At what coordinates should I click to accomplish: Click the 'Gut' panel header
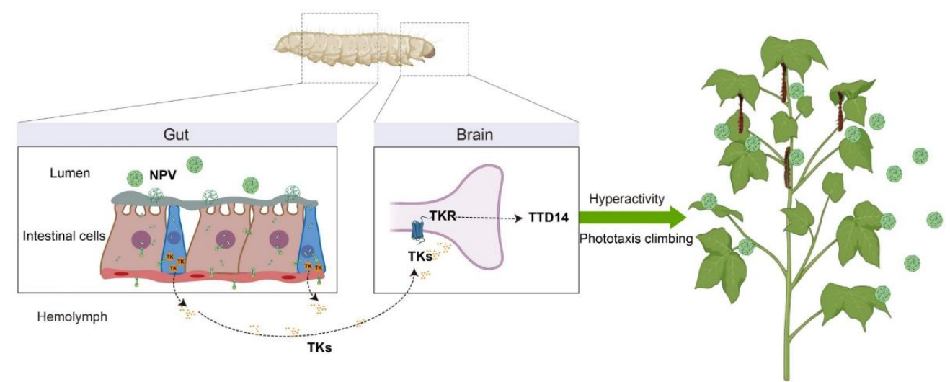coord(177,134)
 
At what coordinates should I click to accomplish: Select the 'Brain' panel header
coord(476,134)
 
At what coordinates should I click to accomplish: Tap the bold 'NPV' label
coord(164,174)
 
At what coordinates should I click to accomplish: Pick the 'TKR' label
coord(445,215)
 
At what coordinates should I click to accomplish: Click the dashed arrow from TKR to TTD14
coord(490,216)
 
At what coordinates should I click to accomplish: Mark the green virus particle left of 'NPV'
coord(134,178)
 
